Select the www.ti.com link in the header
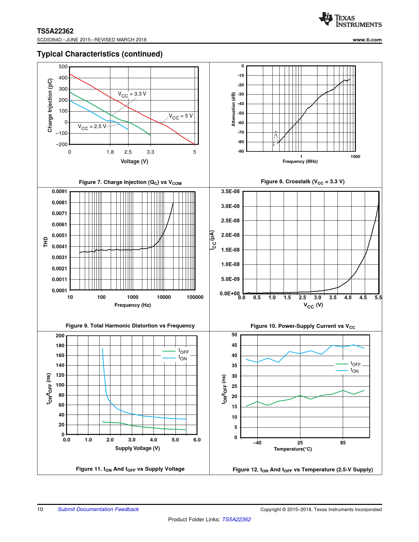coord(367,40)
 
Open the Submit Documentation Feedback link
coord(98,509)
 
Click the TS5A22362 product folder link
coord(236,519)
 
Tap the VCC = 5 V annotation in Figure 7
coord(181,116)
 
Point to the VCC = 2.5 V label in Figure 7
coord(92,126)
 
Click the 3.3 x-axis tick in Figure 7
coord(151,152)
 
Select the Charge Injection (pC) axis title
coord(50,105)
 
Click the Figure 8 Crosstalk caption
coord(302,182)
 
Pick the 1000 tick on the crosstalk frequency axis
coord(355,157)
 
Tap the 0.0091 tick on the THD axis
coord(59,192)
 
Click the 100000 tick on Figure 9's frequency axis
coord(195,297)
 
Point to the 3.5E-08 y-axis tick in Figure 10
coord(230,192)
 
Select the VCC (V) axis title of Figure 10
coord(313,305)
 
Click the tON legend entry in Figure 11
coord(182,358)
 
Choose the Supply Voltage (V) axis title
coord(137,448)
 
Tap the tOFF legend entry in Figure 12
coord(355,364)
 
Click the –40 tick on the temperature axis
coord(257,443)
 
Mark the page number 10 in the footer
coord(40,509)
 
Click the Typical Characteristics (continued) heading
coord(100,54)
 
